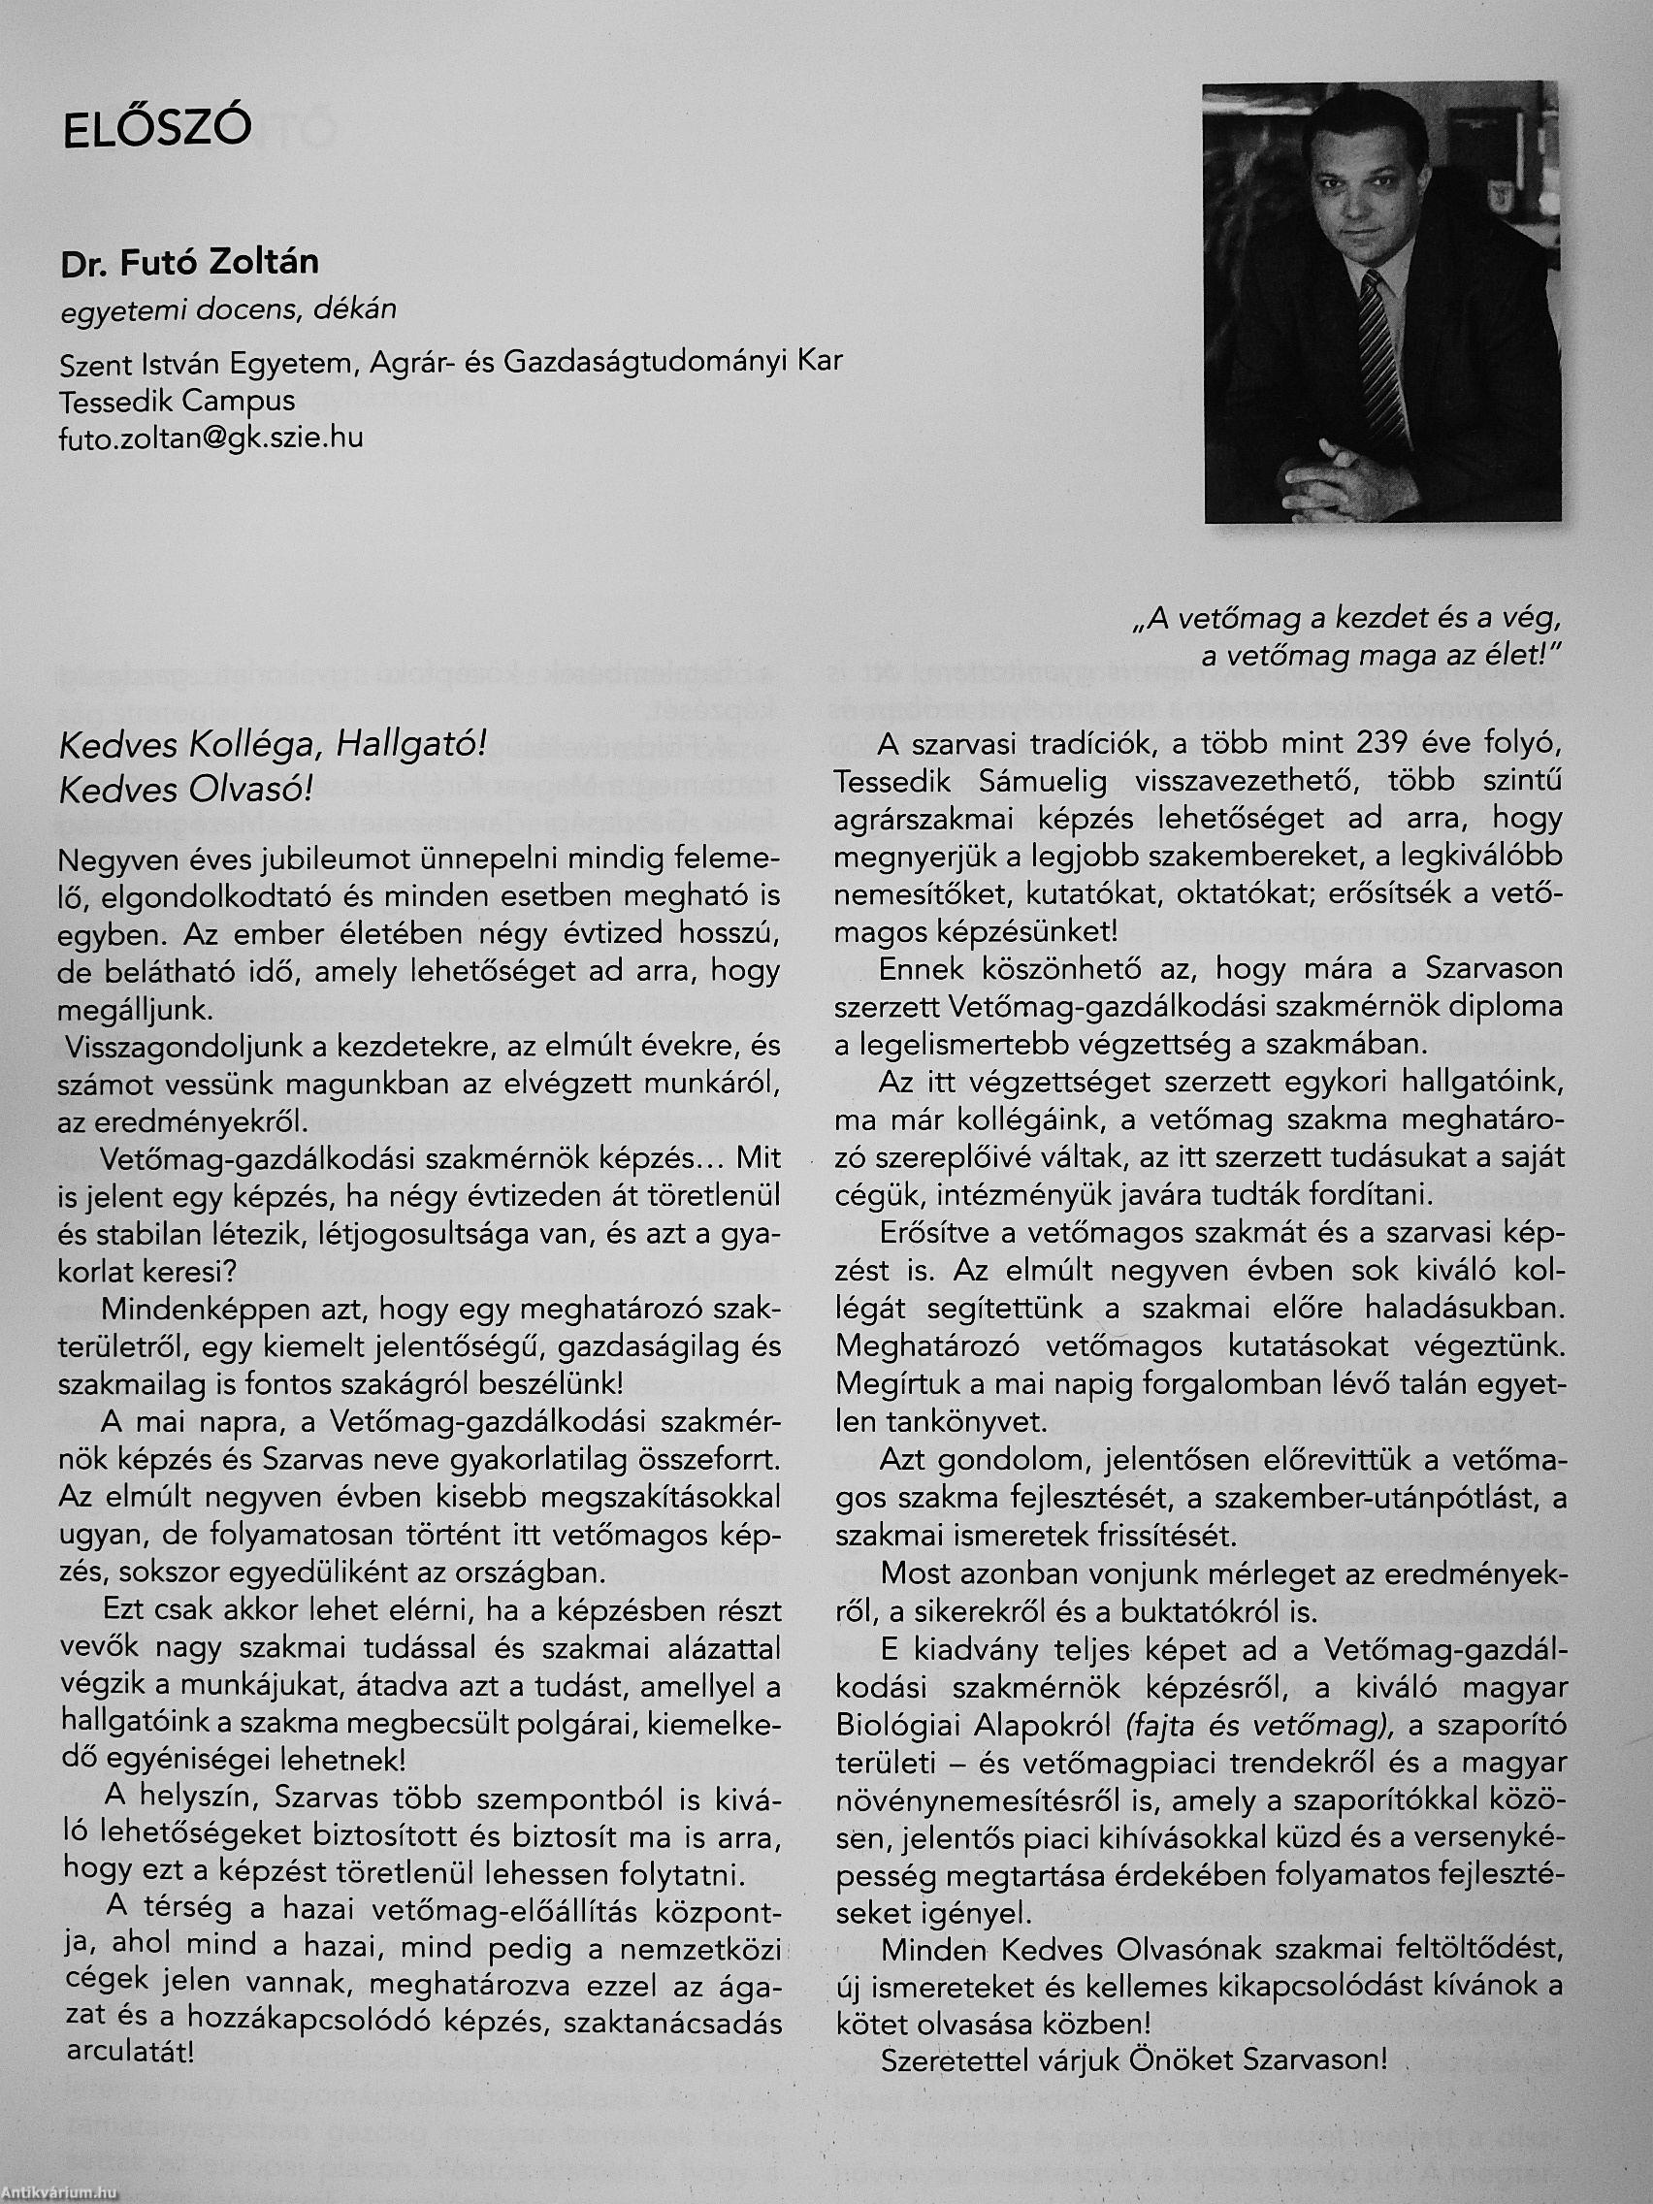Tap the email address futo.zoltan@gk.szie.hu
coord(211,438)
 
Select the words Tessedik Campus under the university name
coord(178,400)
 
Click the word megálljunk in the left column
coord(135,1009)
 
